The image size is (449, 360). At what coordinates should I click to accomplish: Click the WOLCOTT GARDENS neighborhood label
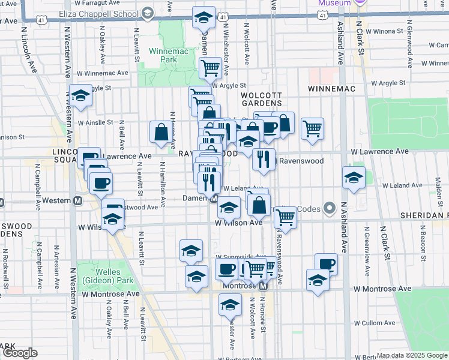[x=261, y=99]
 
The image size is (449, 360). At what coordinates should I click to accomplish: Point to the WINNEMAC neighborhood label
[x=332, y=89]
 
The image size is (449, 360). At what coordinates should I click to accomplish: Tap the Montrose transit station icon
[x=263, y=286]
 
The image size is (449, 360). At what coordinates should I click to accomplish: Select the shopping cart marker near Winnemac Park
[x=210, y=68]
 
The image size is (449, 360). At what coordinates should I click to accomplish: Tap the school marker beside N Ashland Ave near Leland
[x=354, y=177]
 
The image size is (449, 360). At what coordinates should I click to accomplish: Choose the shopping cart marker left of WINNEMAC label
[x=312, y=128]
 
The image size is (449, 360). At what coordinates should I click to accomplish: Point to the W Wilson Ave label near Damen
[x=239, y=223]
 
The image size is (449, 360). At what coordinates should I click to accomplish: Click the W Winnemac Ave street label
[x=107, y=73]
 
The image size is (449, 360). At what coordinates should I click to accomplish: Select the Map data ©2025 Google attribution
[x=411, y=355]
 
